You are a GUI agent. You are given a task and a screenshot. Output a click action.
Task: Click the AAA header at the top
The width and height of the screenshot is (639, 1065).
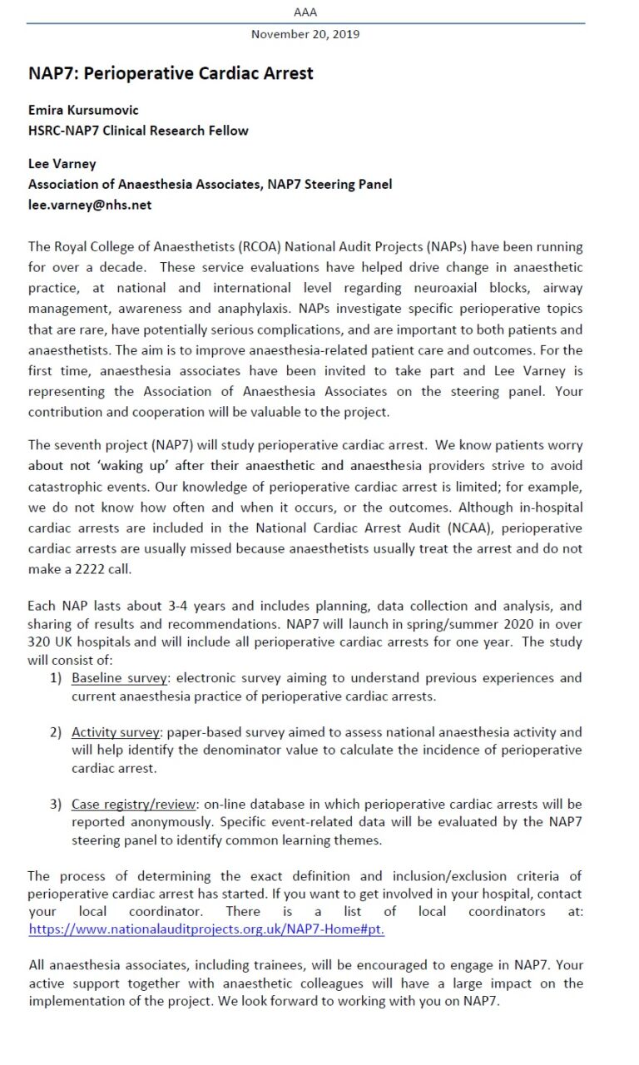(305, 12)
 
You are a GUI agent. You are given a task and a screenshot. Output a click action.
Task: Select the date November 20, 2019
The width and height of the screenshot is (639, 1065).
(305, 34)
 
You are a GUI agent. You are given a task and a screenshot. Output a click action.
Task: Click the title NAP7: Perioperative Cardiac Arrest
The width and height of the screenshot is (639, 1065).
(171, 73)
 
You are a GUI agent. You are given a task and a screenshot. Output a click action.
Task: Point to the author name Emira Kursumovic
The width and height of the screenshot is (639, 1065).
(83, 110)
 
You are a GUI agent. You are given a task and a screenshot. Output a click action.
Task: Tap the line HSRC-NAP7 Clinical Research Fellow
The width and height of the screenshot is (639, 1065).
(138, 130)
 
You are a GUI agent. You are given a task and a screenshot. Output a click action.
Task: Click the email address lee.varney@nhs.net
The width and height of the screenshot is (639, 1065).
(90, 205)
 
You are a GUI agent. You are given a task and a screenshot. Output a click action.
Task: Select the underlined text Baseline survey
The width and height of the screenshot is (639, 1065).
(119, 678)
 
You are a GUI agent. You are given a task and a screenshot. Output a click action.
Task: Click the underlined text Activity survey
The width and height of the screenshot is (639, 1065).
(116, 732)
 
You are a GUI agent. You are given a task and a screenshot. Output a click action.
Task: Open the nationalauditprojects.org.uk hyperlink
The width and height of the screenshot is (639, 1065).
(206, 929)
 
